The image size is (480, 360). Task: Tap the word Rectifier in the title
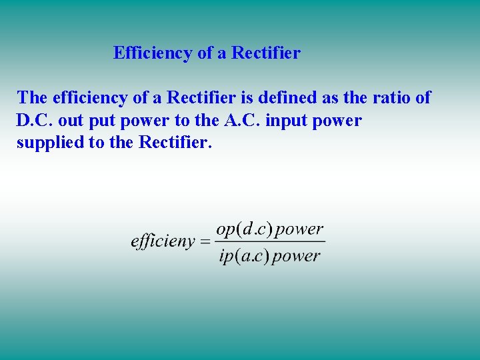coord(266,53)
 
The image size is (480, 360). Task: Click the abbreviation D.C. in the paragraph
coord(34,121)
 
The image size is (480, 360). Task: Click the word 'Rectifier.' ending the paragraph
coord(175,143)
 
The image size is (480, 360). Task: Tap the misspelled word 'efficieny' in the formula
coord(162,241)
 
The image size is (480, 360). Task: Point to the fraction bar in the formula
coord(270,241)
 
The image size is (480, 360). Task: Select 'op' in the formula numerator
coord(227,230)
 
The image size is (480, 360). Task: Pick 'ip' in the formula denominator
coord(225,256)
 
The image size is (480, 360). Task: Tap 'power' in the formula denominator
coord(296,256)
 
